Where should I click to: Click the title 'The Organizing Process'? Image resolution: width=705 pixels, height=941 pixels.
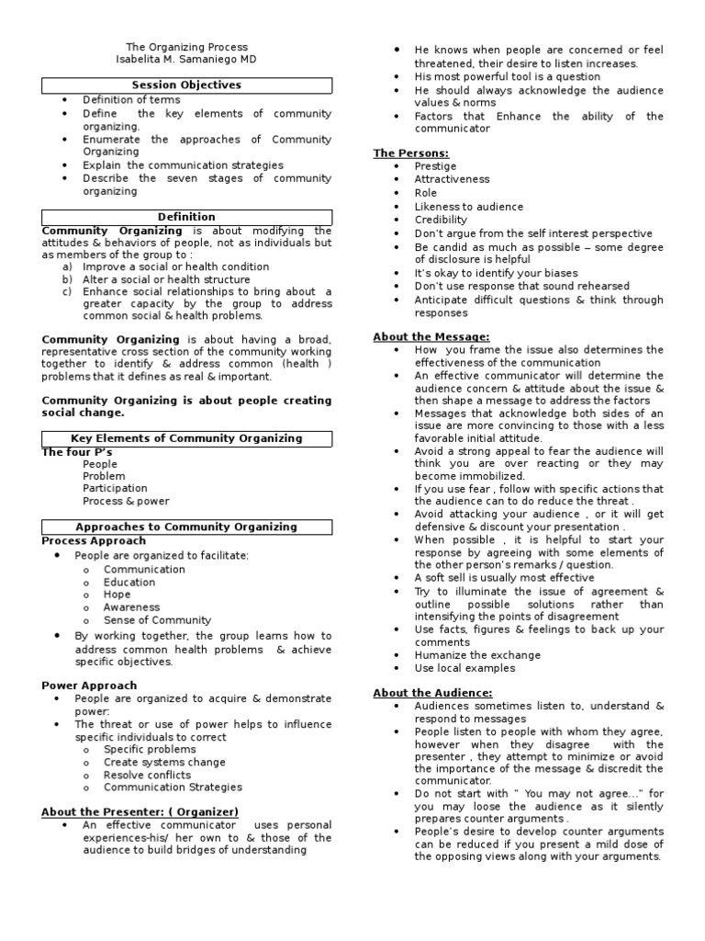coord(186,47)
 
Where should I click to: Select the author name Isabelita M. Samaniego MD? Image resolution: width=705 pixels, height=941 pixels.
coord(186,60)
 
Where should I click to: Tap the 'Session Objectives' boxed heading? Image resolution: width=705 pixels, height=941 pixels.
coord(186,85)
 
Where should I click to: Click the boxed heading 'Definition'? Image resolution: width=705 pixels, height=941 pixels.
coord(186,217)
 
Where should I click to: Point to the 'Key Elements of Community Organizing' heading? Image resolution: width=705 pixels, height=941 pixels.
coord(186,438)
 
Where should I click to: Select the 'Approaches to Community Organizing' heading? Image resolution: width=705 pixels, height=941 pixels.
coord(186,527)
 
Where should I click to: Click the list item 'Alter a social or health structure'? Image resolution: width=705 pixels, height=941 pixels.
coord(166,279)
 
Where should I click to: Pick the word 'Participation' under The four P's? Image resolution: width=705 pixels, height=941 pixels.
coord(115,489)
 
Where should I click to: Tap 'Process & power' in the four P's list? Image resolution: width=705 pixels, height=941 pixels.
coord(126,502)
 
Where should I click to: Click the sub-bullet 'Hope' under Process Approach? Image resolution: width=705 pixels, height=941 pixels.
coord(117,595)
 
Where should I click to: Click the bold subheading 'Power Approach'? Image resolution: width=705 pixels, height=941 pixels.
coord(89,686)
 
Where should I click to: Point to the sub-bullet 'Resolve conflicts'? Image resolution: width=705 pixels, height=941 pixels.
coord(147,775)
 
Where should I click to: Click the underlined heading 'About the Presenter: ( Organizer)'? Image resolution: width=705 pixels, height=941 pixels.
coord(140,811)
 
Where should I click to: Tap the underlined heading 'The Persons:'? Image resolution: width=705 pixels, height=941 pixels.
coord(410,153)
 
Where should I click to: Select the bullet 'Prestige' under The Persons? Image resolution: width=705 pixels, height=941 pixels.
coord(435,166)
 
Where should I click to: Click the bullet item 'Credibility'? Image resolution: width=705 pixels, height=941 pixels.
coord(441,221)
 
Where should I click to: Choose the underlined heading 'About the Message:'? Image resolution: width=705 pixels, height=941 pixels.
coord(431,337)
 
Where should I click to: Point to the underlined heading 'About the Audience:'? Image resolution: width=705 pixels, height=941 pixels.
coord(432,692)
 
